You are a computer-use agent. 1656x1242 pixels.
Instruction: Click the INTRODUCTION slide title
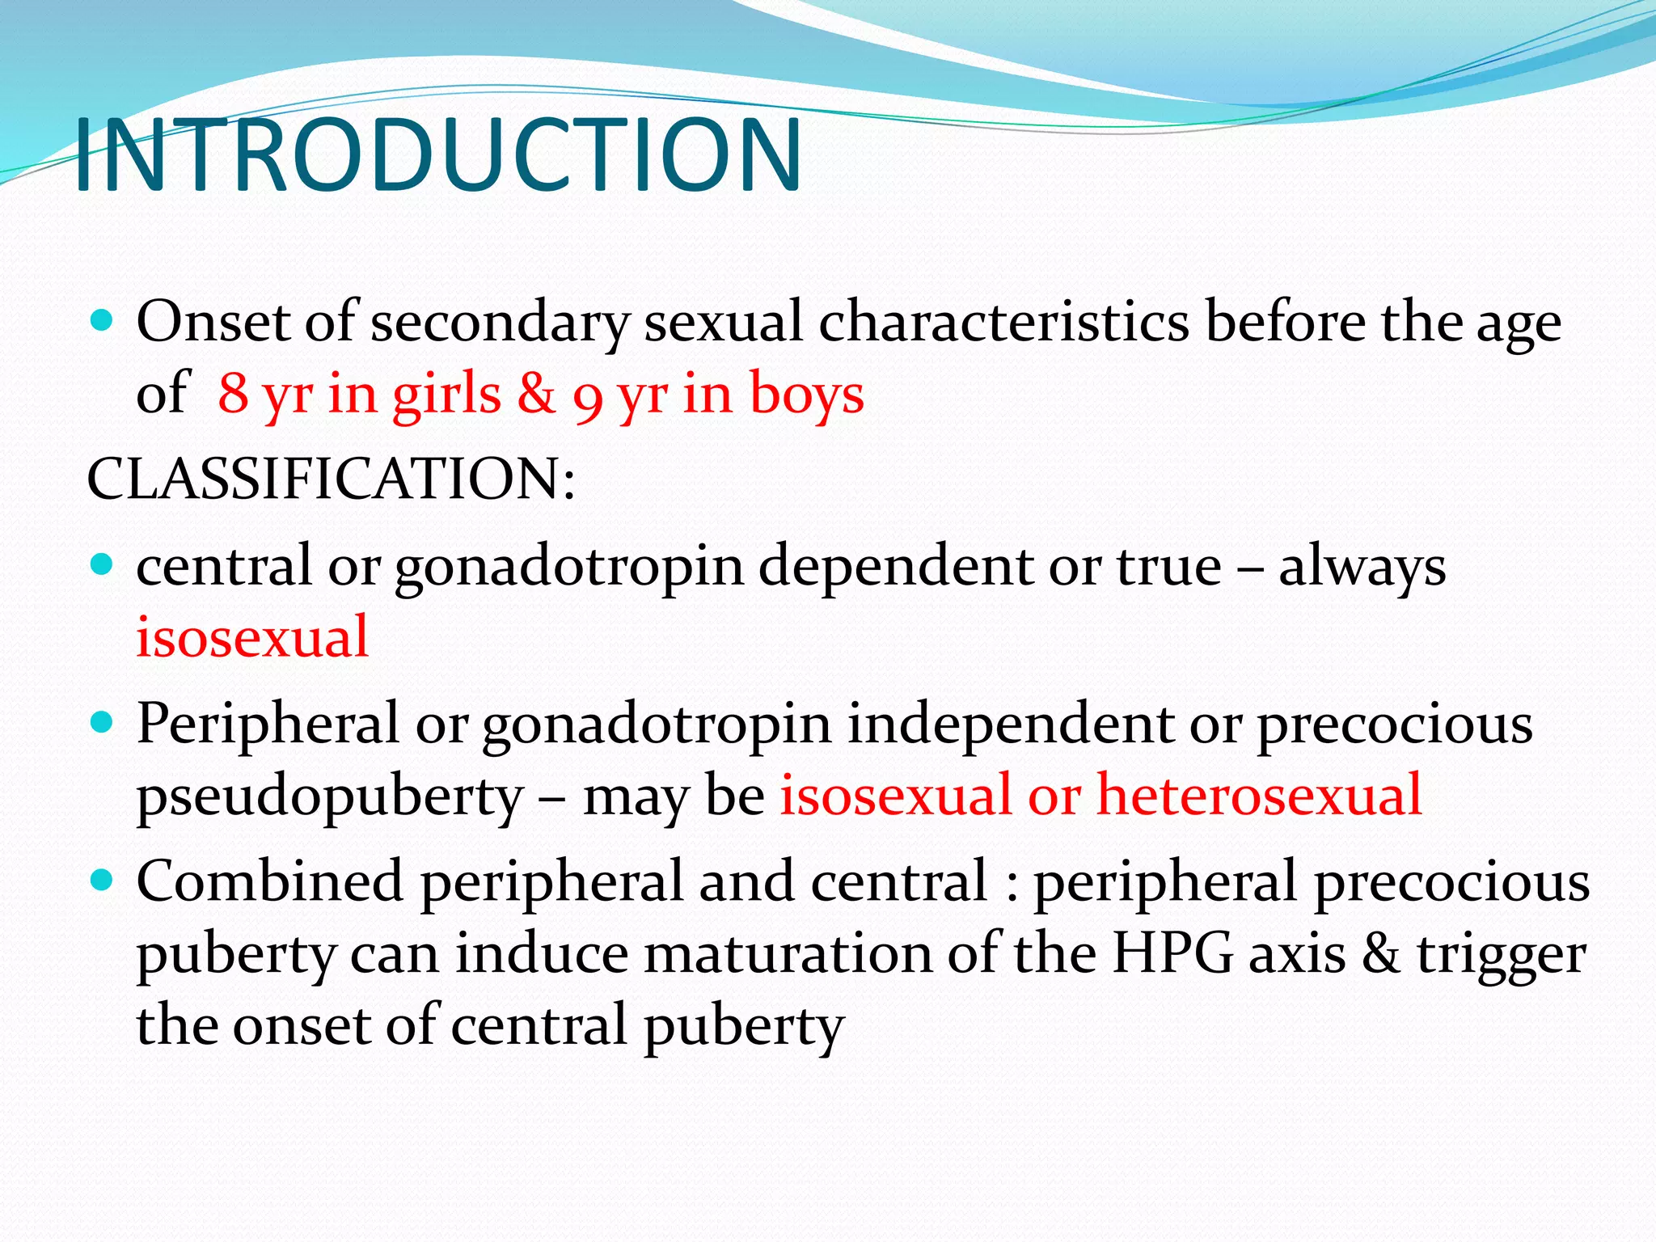coord(437,156)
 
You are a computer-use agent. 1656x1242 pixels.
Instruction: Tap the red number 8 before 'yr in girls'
coord(233,394)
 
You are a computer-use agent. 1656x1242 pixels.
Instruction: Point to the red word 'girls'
coord(446,394)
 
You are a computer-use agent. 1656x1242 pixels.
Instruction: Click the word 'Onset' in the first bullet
coord(213,322)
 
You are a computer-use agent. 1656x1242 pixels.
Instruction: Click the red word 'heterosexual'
coord(1258,794)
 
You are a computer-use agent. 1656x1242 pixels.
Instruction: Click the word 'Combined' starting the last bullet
coord(269,881)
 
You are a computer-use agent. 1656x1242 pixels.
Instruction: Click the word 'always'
coord(1362,567)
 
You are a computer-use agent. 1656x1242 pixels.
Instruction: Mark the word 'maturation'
coord(788,954)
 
